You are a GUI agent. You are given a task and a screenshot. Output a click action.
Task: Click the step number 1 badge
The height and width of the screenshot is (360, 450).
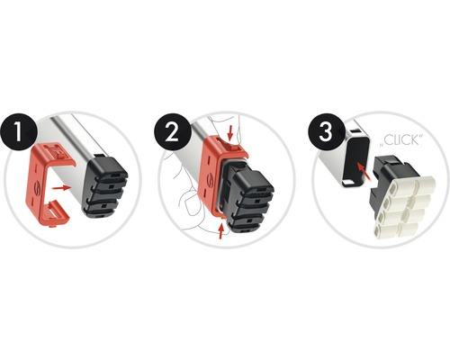click(19, 131)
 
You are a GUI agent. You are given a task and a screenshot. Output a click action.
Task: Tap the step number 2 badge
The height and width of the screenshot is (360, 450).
click(173, 131)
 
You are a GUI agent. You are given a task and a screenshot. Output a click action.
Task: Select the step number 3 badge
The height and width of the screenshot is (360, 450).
click(326, 131)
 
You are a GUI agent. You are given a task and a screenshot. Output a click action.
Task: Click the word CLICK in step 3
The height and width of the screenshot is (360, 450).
click(401, 140)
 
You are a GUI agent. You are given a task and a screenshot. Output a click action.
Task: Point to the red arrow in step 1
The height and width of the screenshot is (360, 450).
click(61, 188)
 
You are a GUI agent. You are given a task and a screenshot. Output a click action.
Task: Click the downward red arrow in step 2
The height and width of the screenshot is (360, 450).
click(230, 133)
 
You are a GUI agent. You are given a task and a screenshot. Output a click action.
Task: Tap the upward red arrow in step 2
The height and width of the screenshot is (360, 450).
click(221, 231)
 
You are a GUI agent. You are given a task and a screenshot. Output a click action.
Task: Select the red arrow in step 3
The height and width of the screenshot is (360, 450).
click(364, 172)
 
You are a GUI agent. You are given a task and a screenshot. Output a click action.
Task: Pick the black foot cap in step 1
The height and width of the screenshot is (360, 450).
click(104, 185)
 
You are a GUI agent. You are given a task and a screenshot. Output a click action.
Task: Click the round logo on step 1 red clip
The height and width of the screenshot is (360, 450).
click(38, 186)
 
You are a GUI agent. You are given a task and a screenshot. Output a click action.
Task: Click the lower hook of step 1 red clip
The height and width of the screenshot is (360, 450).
click(56, 211)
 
